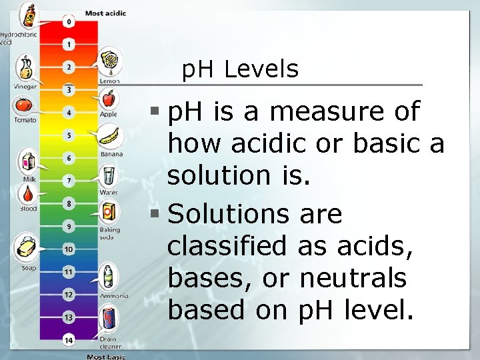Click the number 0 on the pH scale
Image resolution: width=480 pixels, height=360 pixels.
(67, 22)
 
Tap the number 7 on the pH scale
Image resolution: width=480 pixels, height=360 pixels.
(67, 180)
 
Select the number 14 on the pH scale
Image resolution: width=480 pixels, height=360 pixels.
(67, 339)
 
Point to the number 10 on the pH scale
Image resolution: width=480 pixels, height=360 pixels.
(67, 249)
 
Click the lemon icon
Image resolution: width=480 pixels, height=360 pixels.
(109, 62)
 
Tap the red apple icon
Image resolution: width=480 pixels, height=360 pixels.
(108, 99)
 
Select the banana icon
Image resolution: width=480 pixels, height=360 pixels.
(109, 137)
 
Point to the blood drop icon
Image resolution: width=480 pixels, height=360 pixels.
(27, 194)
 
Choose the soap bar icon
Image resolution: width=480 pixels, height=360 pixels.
(27, 247)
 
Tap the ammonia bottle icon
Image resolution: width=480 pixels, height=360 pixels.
(108, 276)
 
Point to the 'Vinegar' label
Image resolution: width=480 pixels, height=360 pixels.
(25, 87)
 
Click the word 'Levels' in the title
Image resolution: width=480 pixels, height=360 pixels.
(261, 69)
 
